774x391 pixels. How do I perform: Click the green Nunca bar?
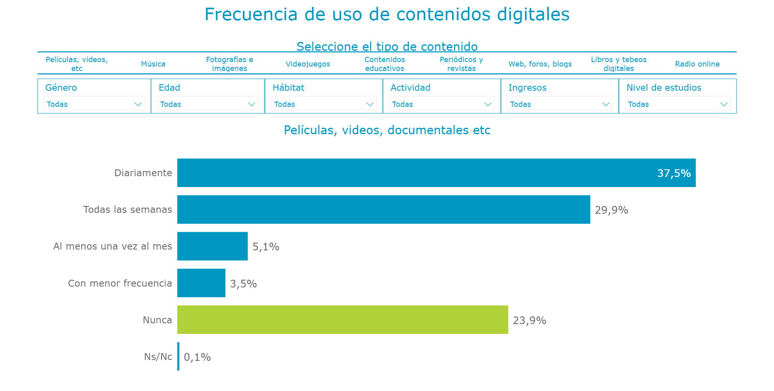pyautogui.click(x=342, y=320)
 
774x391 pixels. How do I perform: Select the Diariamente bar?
pyautogui.click(x=436, y=173)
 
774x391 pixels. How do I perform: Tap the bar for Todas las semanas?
pyautogui.click(x=383, y=210)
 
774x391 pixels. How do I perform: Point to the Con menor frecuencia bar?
pyautogui.click(x=201, y=283)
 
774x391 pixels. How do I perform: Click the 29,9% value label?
pyautogui.click(x=611, y=210)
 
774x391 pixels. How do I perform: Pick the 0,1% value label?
pyautogui.click(x=197, y=357)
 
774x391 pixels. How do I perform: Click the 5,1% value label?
pyautogui.click(x=266, y=247)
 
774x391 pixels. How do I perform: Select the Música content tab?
pyautogui.click(x=153, y=64)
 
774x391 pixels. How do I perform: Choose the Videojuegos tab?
pyautogui.click(x=308, y=64)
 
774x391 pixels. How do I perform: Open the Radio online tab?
pyautogui.click(x=697, y=64)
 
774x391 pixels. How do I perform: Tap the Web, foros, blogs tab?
pyautogui.click(x=540, y=64)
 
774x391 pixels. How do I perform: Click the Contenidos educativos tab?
pyautogui.click(x=384, y=64)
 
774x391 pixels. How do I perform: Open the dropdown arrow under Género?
pyautogui.click(x=138, y=104)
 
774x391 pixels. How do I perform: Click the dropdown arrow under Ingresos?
pyautogui.click(x=605, y=104)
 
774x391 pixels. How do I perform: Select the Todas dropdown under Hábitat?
pyautogui.click(x=323, y=104)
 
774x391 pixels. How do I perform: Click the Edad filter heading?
pyautogui.click(x=169, y=87)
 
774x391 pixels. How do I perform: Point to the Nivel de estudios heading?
pyautogui.click(x=663, y=87)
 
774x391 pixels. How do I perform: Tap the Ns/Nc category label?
pyautogui.click(x=158, y=357)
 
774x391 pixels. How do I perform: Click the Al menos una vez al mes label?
pyautogui.click(x=113, y=246)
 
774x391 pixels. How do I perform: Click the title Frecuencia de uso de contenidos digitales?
pyautogui.click(x=387, y=15)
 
